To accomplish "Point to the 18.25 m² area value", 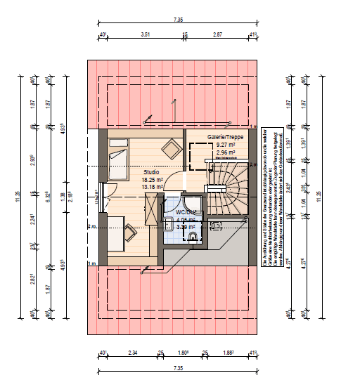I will click(152, 179).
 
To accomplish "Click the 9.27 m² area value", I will click(225, 145).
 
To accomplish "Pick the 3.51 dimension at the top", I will click(146, 34).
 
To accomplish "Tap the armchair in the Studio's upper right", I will click(169, 148).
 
